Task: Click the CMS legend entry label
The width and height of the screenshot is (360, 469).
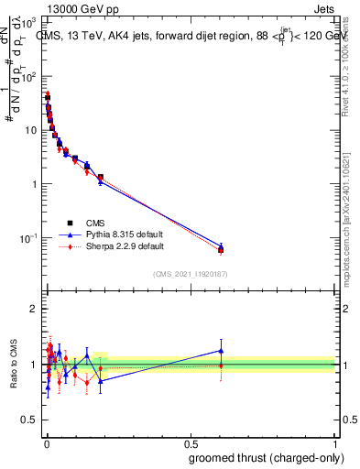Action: tap(95, 223)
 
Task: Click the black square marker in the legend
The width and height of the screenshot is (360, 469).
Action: tap(70, 223)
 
